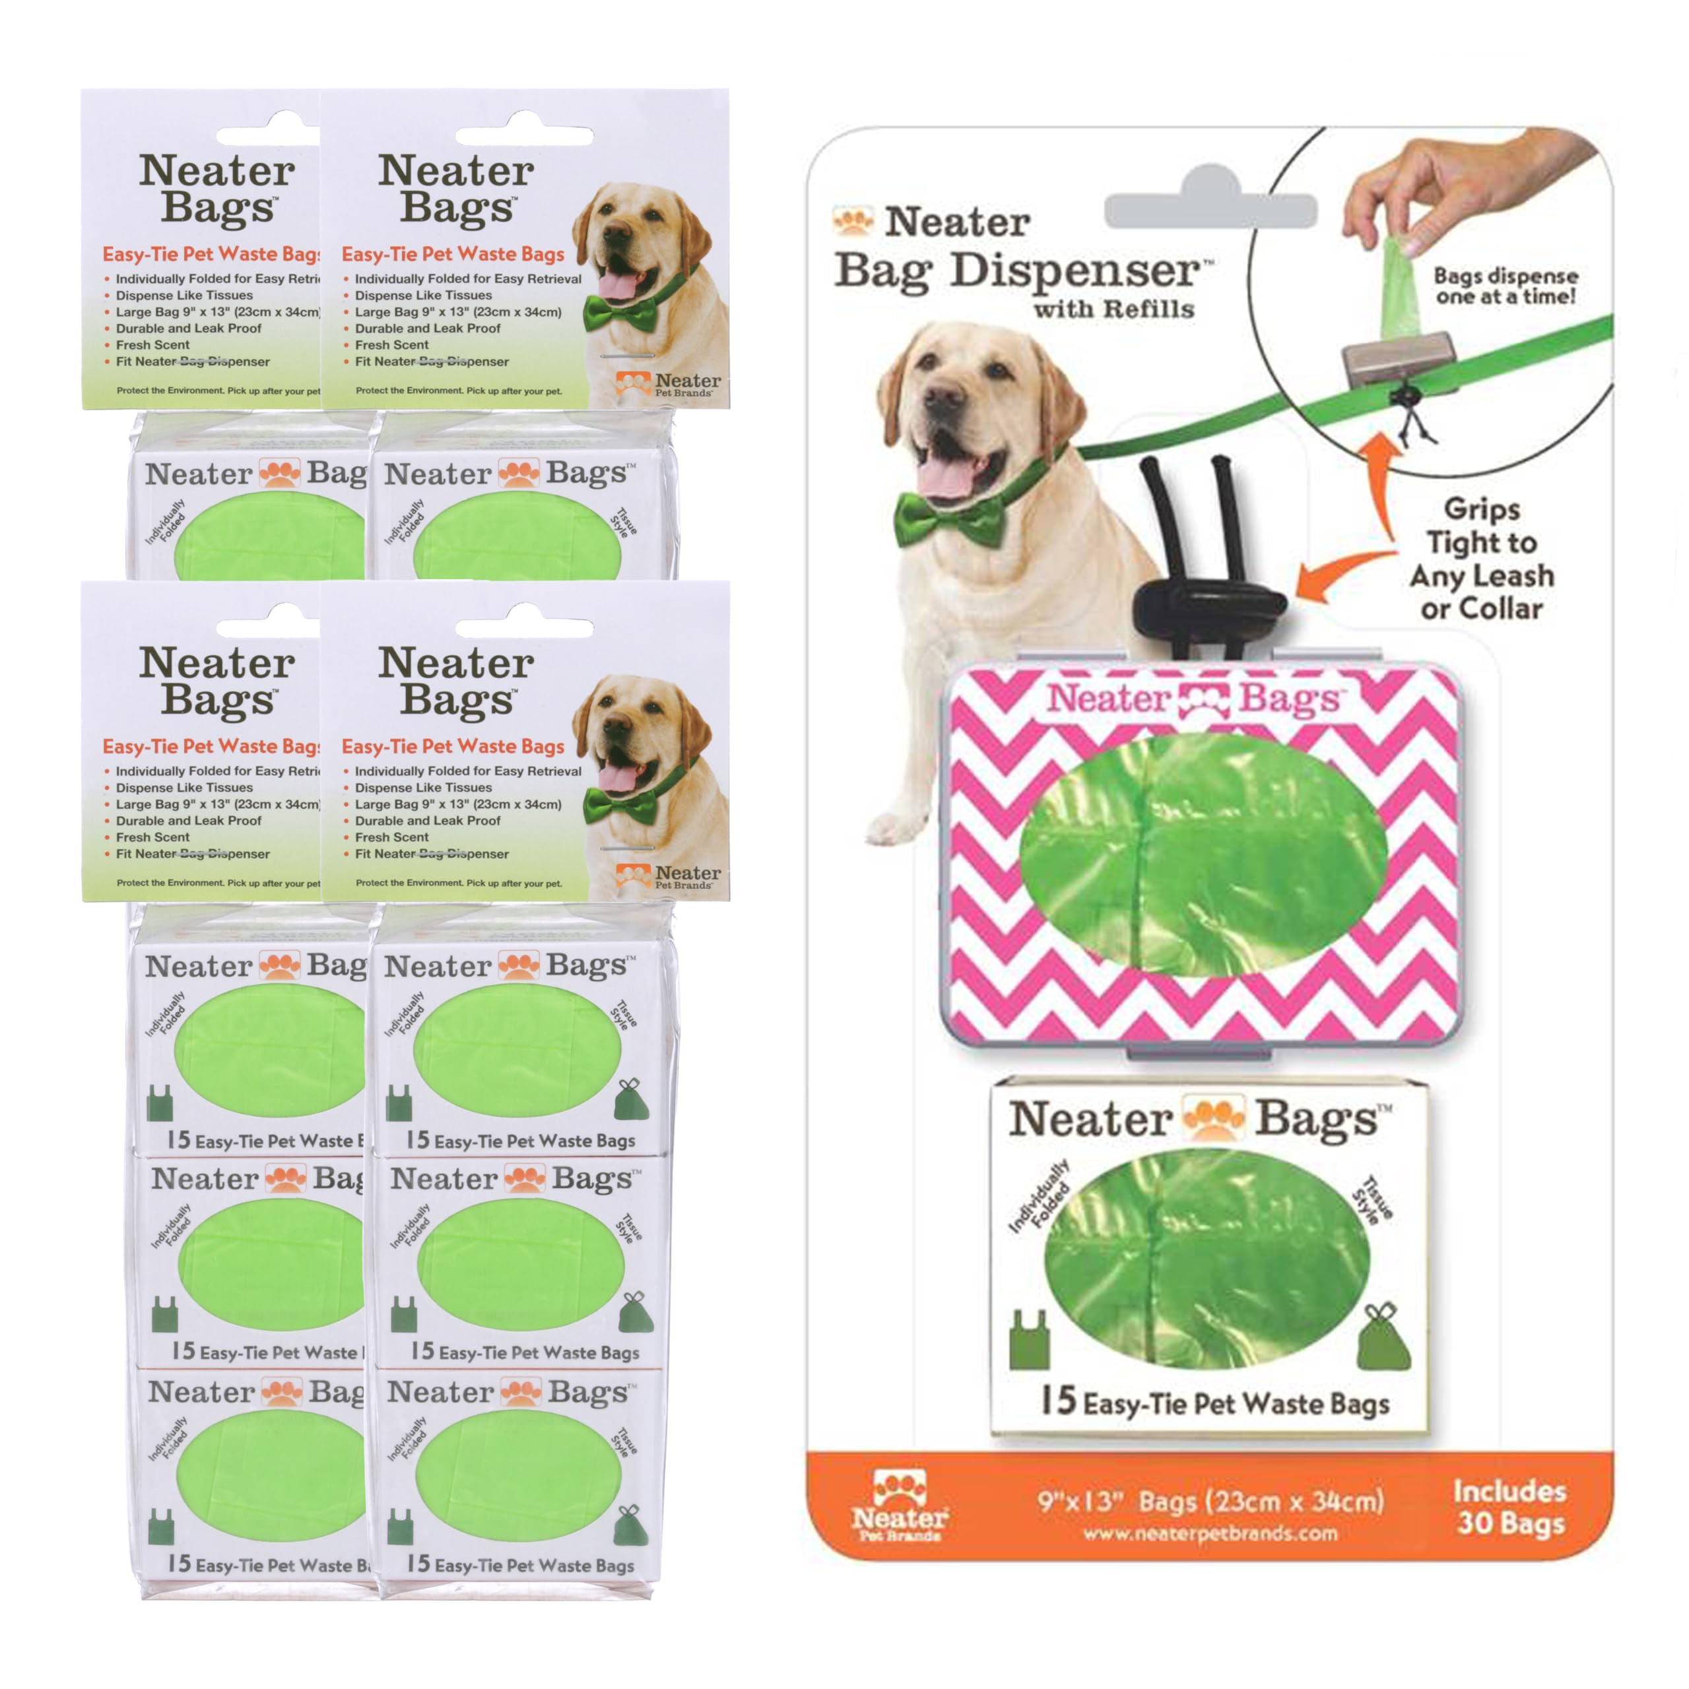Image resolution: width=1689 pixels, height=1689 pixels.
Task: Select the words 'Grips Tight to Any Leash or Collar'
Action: (1482, 559)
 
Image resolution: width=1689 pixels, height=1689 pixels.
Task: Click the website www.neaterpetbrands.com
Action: (1210, 1533)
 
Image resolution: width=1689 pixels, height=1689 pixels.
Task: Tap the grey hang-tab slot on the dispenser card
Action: (1210, 210)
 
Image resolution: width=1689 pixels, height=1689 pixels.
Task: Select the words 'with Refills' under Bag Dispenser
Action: (1113, 309)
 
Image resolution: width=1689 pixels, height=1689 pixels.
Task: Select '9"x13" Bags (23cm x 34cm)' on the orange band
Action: (1210, 1501)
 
